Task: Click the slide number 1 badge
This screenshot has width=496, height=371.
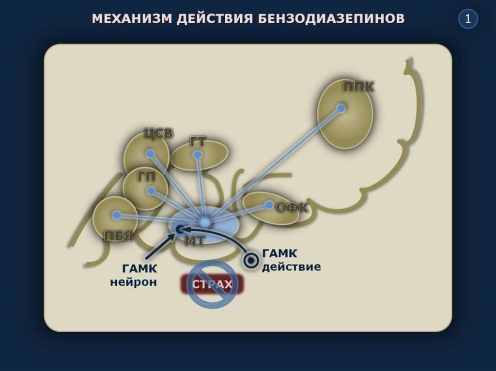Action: (x=467, y=19)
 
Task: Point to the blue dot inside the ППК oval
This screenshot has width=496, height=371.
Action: (x=341, y=109)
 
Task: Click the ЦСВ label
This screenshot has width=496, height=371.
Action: (x=158, y=134)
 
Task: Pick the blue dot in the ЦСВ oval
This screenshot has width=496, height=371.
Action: (x=150, y=154)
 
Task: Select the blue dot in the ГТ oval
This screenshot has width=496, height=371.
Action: (x=197, y=155)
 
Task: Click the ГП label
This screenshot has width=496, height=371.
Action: (x=146, y=177)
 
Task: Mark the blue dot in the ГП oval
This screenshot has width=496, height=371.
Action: (x=151, y=191)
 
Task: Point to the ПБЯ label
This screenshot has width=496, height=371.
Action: (x=119, y=236)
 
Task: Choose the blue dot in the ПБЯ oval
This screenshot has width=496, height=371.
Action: (x=116, y=215)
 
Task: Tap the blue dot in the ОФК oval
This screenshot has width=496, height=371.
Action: (x=269, y=205)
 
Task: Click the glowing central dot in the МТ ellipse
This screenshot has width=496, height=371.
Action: (x=205, y=222)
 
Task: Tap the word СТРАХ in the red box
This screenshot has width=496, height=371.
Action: (x=213, y=284)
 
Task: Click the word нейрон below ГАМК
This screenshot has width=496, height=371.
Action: (x=134, y=282)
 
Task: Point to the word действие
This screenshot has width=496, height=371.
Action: (x=291, y=267)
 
